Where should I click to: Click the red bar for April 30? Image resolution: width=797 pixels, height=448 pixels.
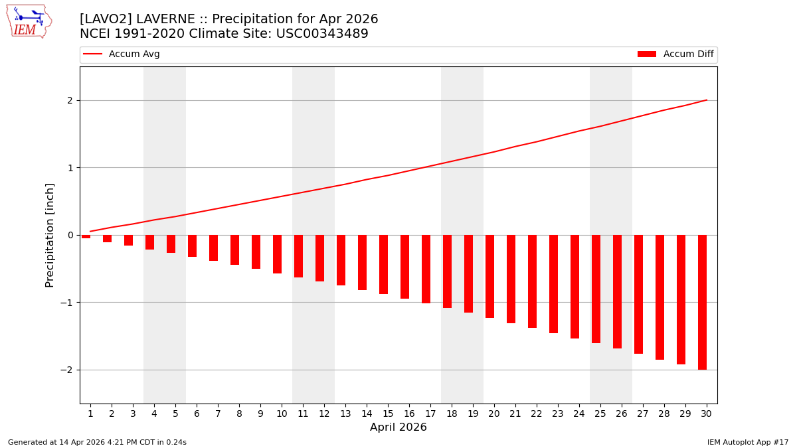pyautogui.click(x=702, y=302)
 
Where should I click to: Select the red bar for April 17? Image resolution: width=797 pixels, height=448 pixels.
pyautogui.click(x=426, y=269)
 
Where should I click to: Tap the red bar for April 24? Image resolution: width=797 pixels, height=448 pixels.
pyautogui.click(x=575, y=287)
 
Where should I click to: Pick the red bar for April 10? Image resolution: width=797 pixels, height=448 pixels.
pyautogui.click(x=277, y=254)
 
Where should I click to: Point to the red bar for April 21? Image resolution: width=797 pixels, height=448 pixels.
pyautogui.click(x=511, y=279)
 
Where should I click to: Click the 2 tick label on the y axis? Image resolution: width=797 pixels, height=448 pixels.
pyautogui.click(x=69, y=101)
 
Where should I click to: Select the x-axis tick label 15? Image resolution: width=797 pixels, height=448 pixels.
pyautogui.click(x=388, y=413)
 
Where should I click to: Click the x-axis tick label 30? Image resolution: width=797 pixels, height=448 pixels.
pyautogui.click(x=706, y=413)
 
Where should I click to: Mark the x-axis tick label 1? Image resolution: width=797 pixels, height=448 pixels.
pyautogui.click(x=90, y=413)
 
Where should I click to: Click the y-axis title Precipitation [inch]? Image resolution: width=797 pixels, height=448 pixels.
pyautogui.click(x=50, y=235)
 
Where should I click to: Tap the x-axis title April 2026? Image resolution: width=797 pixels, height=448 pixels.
pyautogui.click(x=398, y=427)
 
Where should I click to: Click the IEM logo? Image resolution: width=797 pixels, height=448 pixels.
pyautogui.click(x=28, y=21)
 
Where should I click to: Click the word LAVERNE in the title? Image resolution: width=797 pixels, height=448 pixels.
pyautogui.click(x=171, y=19)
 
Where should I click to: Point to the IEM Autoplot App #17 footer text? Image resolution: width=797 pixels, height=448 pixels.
pyautogui.click(x=748, y=442)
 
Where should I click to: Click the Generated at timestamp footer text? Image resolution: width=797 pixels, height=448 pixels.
pyautogui.click(x=97, y=442)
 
